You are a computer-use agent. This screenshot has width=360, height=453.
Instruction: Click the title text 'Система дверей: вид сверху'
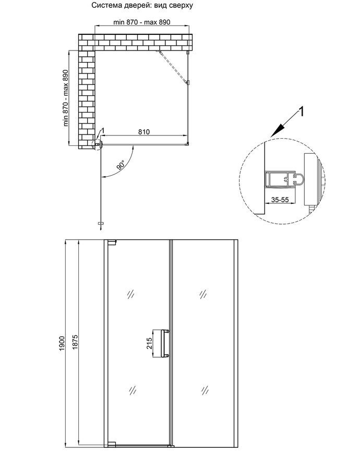click(x=142, y=5)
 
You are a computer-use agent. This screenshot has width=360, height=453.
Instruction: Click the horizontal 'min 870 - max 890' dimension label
click(x=142, y=22)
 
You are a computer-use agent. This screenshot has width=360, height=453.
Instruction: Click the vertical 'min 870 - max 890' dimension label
click(x=66, y=98)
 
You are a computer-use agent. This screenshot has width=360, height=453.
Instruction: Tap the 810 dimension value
click(x=144, y=132)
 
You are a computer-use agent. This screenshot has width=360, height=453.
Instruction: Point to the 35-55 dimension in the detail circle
click(x=280, y=199)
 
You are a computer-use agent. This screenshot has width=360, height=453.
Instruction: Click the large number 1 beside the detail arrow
click(x=301, y=112)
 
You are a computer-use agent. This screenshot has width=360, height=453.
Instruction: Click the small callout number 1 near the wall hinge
click(x=103, y=131)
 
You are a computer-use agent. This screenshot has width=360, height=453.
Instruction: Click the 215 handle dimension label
click(x=149, y=343)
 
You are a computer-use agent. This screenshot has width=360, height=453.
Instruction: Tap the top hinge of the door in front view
click(x=112, y=242)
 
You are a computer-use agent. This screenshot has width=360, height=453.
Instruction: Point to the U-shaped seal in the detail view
click(x=299, y=179)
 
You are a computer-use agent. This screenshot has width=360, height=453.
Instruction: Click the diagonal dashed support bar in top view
click(x=172, y=67)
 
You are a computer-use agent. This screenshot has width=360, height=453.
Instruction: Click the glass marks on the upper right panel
click(x=203, y=294)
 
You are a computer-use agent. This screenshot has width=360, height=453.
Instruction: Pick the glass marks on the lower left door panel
click(x=133, y=390)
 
